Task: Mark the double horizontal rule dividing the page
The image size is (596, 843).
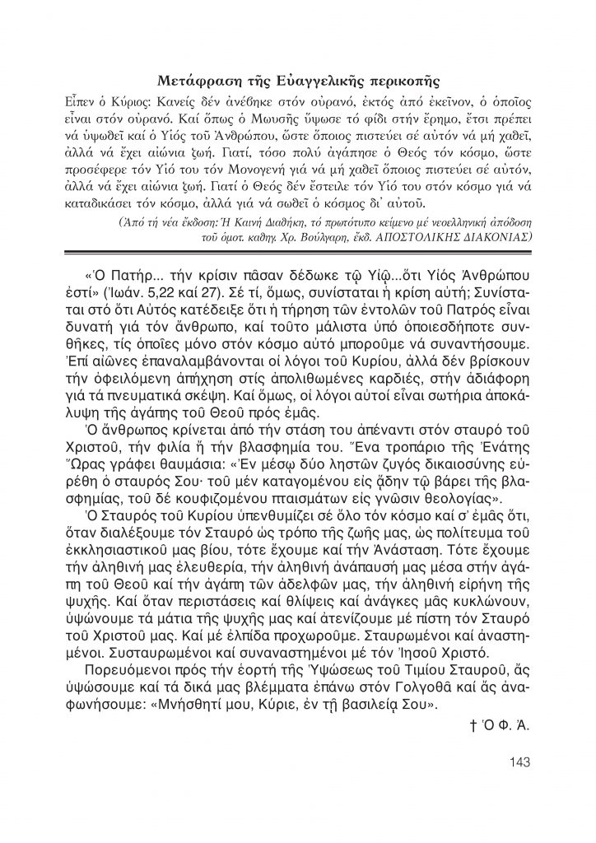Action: pos(298,252)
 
